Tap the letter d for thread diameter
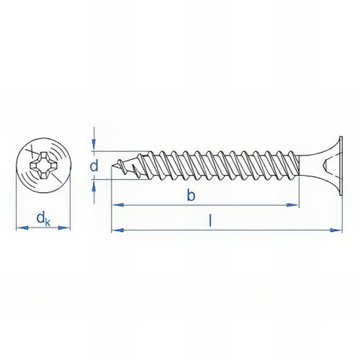(94, 167)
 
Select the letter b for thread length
(191, 195)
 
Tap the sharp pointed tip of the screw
(113, 168)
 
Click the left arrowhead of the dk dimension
(19, 228)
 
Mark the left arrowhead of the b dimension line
(115, 205)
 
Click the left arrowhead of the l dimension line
(115, 230)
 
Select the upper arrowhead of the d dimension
(94, 147)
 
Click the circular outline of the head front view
(43, 141)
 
